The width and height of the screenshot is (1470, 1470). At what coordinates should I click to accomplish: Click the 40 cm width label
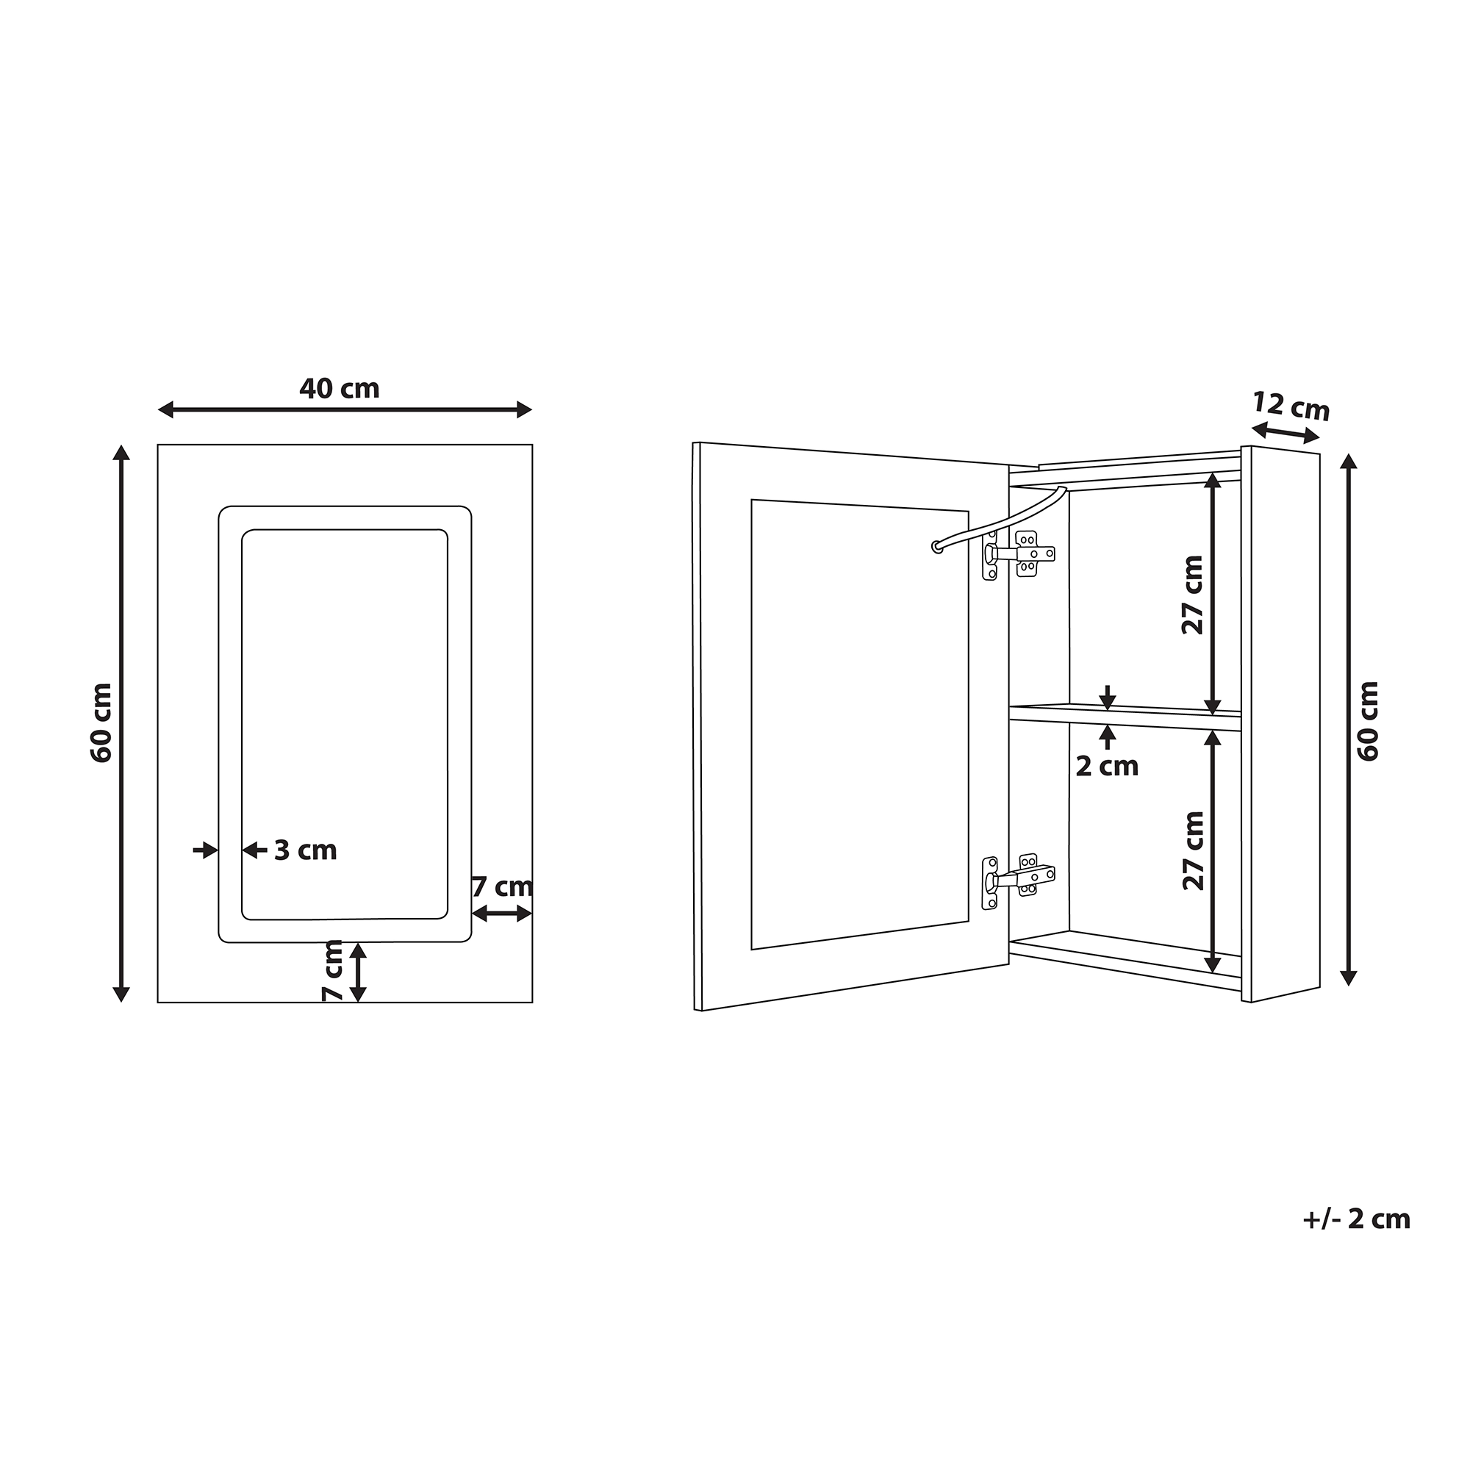coord(340,389)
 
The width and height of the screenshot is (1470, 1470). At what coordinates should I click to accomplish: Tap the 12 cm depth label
coord(1291,406)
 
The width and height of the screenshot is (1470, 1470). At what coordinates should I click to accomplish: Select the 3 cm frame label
coord(305,850)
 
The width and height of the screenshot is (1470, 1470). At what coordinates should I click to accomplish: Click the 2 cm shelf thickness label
coord(1107,766)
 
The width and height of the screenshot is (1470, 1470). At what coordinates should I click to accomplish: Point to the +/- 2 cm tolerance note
coord(1357,1240)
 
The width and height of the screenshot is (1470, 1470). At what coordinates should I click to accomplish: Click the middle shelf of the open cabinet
coord(1125,717)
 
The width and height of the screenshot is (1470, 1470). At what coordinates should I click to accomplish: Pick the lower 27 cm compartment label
coord(1193,850)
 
